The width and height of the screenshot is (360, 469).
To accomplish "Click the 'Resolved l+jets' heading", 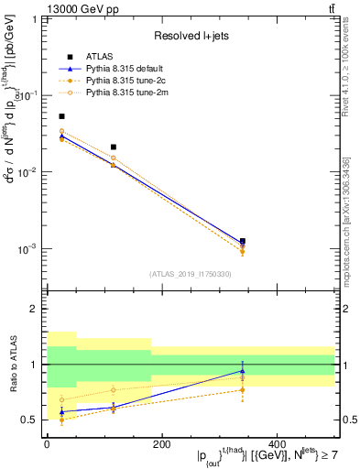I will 190,36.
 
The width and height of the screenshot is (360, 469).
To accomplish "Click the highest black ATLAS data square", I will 61,116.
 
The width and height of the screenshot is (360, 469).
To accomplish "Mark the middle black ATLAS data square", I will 114,147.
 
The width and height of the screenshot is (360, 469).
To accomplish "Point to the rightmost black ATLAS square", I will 243,241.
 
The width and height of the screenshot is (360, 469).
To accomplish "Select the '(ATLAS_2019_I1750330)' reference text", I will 190,273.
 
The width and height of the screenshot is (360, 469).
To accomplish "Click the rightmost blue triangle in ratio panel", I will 243,371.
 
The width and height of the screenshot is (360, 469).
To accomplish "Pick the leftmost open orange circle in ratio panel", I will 61,399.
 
